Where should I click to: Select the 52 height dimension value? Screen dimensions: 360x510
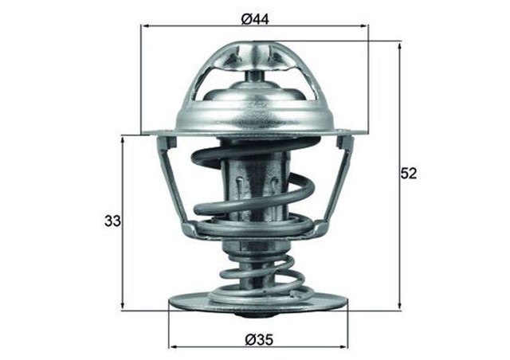click(409, 173)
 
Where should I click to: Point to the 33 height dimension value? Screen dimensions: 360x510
click(112, 221)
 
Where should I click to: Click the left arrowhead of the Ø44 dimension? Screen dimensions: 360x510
click(145, 27)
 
